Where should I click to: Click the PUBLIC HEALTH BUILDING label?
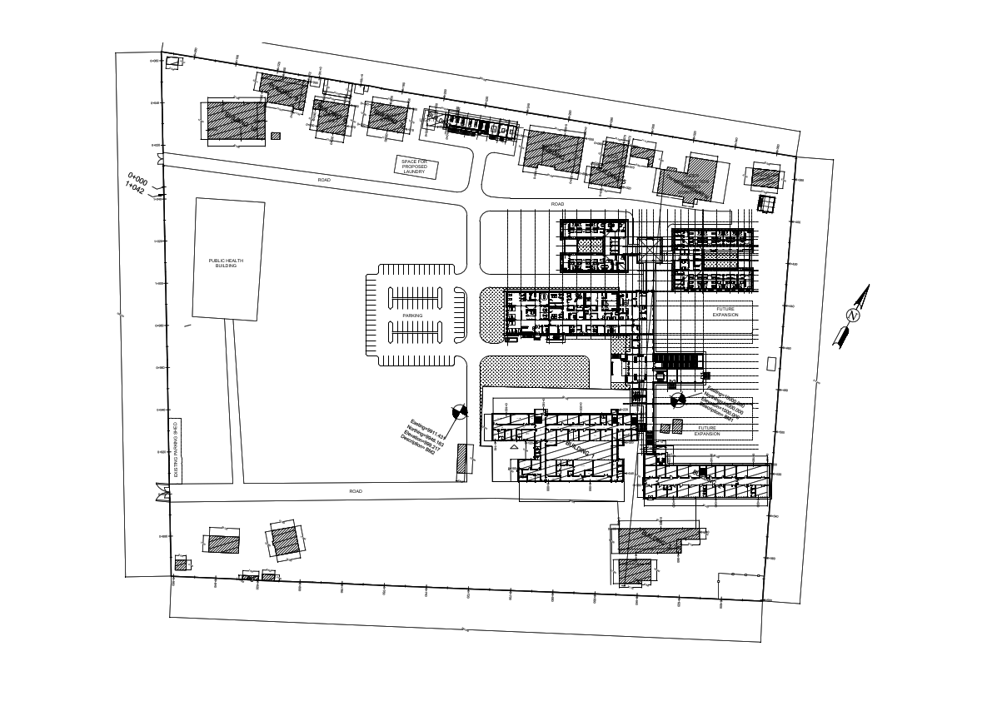tap(226, 263)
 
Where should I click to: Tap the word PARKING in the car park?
tap(412, 316)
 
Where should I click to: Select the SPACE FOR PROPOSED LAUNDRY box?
tap(415, 167)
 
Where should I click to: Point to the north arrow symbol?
tap(853, 316)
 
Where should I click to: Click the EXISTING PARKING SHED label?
tap(176, 450)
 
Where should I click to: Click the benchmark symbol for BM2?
tap(459, 411)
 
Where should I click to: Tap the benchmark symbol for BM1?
tap(677, 400)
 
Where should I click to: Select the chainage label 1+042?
tap(134, 190)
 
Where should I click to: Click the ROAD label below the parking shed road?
tap(356, 491)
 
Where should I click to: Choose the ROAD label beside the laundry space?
tap(324, 180)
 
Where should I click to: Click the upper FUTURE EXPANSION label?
tap(725, 312)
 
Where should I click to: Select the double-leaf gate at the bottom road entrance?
tap(161, 494)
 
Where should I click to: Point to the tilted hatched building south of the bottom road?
tap(285, 541)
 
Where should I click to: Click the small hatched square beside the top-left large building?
tap(276, 136)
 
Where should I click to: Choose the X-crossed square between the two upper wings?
tap(650, 249)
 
